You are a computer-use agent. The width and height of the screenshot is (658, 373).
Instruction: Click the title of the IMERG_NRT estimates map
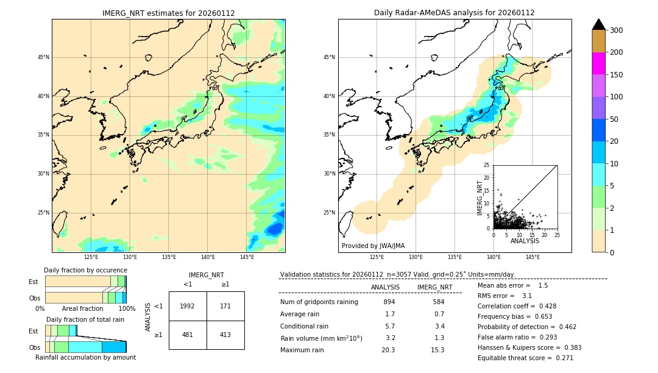tap(168, 13)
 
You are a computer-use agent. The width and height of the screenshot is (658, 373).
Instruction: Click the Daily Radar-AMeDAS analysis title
tap(454, 13)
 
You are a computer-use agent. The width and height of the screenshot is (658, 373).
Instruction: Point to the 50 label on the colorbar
tap(616, 119)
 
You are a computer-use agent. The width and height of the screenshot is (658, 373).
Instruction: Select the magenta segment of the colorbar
tap(598, 63)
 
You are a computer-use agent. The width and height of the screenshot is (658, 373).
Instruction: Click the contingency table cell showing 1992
tap(188, 306)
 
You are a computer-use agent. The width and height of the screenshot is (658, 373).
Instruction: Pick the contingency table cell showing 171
tap(225, 306)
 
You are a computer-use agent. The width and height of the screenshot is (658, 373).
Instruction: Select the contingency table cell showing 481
tap(188, 335)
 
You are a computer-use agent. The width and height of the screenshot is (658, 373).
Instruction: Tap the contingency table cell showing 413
tap(225, 335)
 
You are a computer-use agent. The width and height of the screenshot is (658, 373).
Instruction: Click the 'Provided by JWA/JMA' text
tap(373, 246)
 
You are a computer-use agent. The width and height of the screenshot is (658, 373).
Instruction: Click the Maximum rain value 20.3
tap(388, 350)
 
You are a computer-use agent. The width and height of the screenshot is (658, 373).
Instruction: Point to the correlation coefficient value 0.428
tap(543, 306)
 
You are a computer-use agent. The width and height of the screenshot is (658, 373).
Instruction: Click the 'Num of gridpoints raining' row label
tap(319, 302)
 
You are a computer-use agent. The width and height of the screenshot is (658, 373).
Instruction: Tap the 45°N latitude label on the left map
tap(43, 57)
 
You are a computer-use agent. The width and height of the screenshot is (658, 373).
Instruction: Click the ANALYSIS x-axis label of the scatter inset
tap(525, 241)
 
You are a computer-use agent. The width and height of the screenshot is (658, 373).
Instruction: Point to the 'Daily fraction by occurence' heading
tap(85, 270)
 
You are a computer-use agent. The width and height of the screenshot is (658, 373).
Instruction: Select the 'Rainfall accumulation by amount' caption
tap(85, 357)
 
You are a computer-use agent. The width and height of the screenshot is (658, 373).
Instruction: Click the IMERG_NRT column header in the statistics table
tap(434, 287)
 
